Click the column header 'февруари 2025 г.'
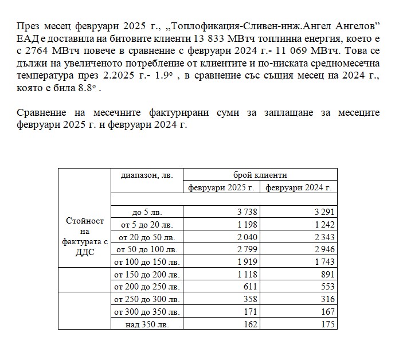[221, 187]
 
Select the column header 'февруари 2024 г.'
[298, 187]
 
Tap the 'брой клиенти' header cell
[260, 174]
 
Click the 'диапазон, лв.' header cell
[147, 174]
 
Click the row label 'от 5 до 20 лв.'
[147, 225]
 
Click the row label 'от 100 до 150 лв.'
[147, 262]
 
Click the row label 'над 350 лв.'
[147, 324]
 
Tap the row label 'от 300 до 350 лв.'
[147, 312]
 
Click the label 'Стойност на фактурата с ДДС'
[85, 236]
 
